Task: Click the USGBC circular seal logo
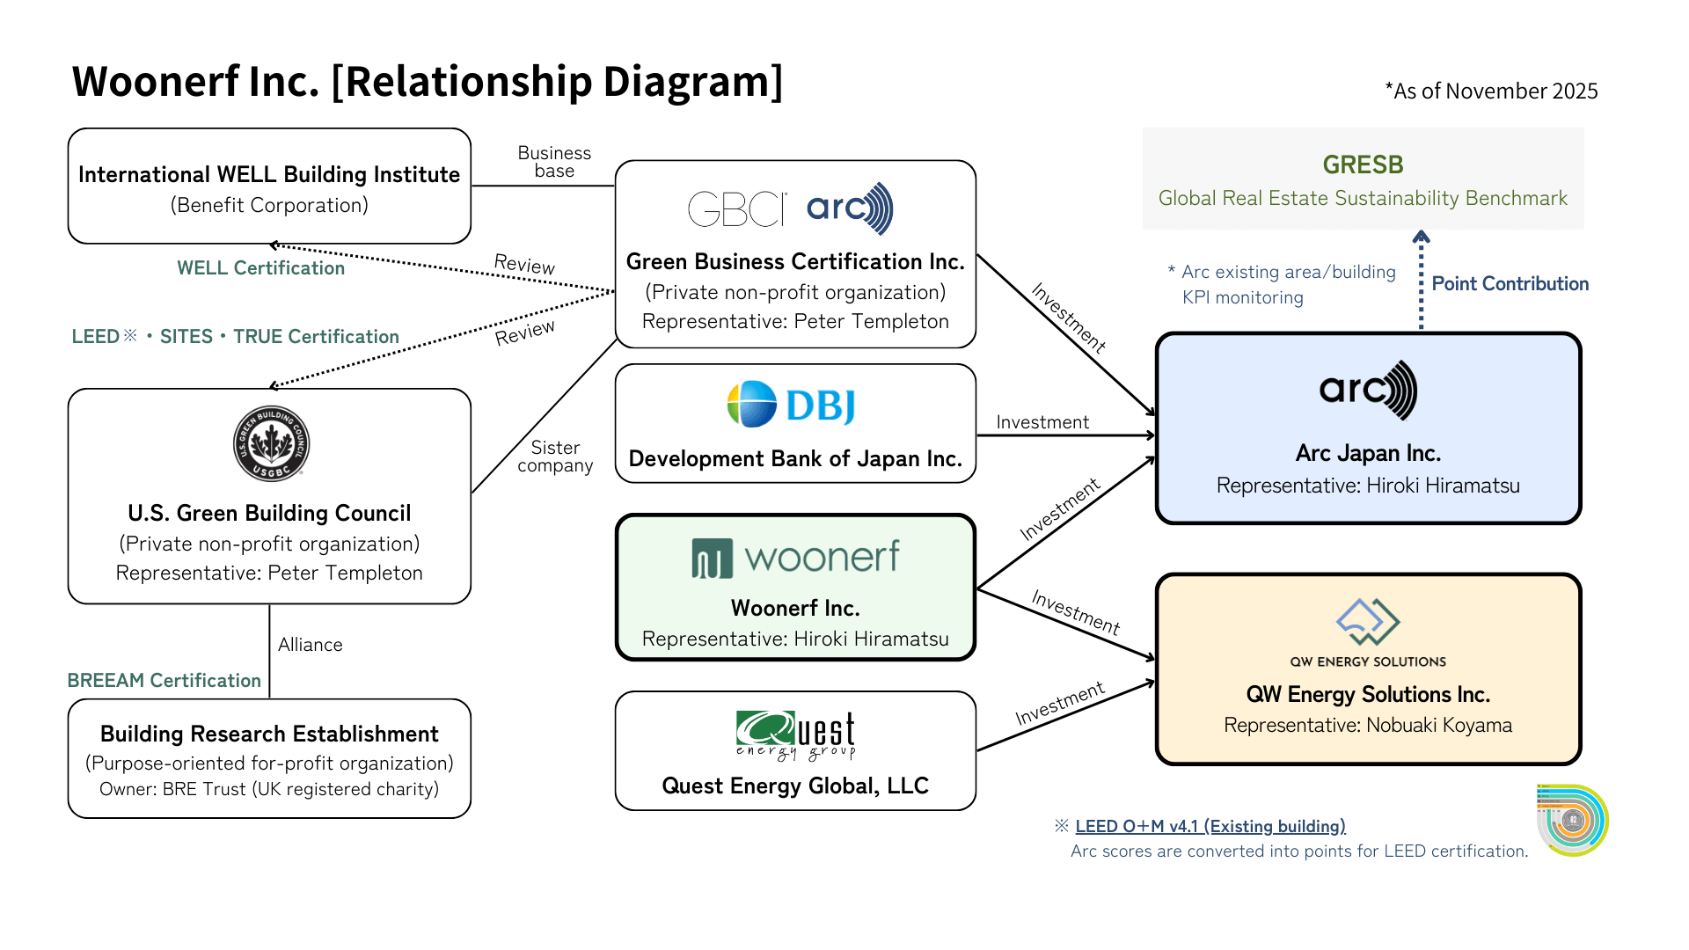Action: (x=271, y=443)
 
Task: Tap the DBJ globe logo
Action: (x=751, y=405)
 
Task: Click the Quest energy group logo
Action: (x=795, y=735)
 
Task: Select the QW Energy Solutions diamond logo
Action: (x=1367, y=622)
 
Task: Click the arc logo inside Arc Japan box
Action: (x=1368, y=390)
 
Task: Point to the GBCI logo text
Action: (x=736, y=209)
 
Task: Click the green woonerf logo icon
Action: (x=712, y=559)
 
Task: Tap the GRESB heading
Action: (x=1363, y=164)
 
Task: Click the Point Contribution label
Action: (x=1510, y=284)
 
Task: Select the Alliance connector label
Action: (x=310, y=645)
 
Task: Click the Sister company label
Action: (x=555, y=457)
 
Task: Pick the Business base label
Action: (x=554, y=162)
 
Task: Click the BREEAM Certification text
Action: (x=165, y=680)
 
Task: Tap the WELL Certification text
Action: (x=260, y=268)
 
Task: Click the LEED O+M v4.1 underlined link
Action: (x=1210, y=826)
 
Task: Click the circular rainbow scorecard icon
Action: (x=1572, y=820)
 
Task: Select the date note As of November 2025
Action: (x=1491, y=91)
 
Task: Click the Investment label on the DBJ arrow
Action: (x=1042, y=422)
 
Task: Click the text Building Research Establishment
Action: (x=269, y=734)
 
